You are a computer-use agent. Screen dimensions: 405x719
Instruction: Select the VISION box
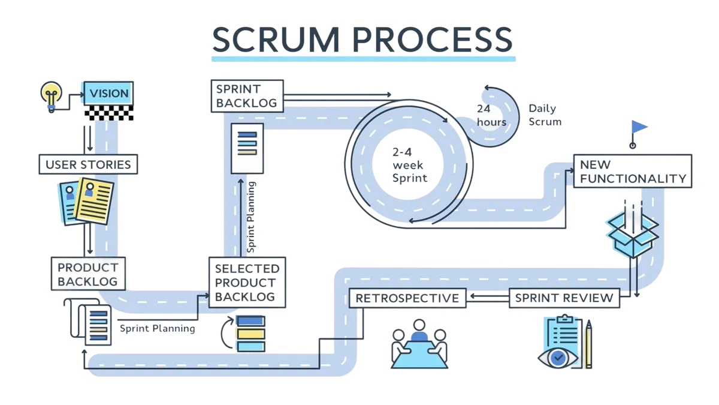click(108, 94)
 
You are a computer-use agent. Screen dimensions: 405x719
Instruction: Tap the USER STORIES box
click(88, 164)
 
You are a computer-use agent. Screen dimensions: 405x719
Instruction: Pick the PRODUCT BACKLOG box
click(88, 273)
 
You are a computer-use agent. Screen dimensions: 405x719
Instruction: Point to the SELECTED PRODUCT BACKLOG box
click(247, 282)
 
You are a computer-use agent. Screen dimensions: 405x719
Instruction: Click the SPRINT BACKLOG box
click(246, 95)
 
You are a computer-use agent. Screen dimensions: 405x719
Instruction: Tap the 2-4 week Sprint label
click(410, 163)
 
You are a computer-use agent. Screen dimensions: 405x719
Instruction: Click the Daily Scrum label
click(544, 115)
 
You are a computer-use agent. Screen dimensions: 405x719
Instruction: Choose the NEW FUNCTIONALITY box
click(632, 171)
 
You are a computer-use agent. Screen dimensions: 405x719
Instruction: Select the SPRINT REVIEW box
click(564, 298)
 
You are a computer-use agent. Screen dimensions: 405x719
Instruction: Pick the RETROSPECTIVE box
click(407, 298)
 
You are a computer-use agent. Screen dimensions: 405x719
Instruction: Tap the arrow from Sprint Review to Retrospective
click(488, 297)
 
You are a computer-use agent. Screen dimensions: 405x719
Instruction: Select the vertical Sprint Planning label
click(252, 217)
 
